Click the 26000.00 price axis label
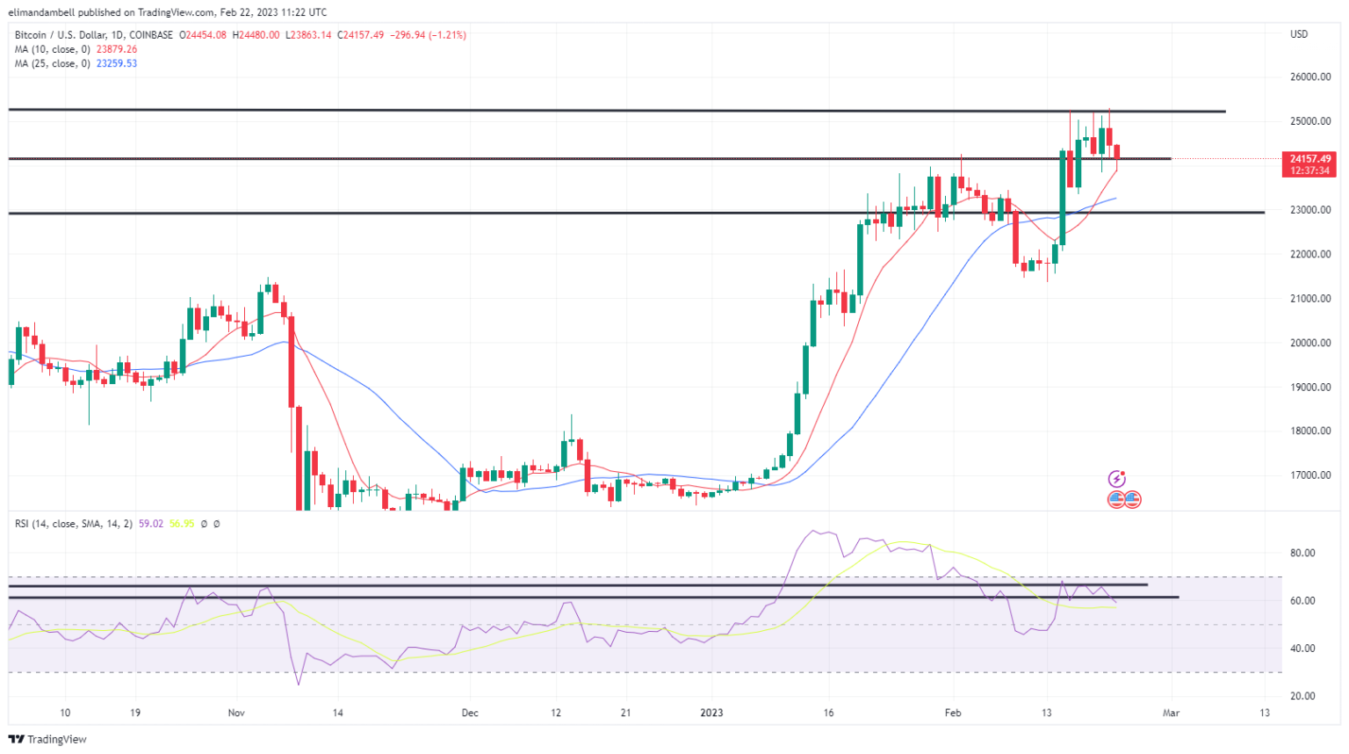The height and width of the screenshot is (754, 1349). click(1309, 77)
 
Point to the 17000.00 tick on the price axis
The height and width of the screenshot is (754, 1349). click(1309, 475)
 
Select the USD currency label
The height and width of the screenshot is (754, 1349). click(1298, 34)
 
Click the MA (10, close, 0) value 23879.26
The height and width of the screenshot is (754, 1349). click(117, 49)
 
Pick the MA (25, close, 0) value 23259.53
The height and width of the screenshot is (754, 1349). click(117, 63)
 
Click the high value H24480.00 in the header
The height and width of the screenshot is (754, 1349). click(256, 35)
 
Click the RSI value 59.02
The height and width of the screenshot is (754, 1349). click(151, 524)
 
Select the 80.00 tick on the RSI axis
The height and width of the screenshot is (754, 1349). click(1302, 554)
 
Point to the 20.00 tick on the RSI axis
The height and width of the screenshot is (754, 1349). click(1302, 696)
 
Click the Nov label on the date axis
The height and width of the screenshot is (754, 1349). click(236, 713)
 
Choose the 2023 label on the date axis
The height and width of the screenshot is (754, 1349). click(711, 713)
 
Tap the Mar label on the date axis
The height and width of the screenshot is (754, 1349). click(1171, 713)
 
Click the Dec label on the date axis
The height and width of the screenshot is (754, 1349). click(470, 713)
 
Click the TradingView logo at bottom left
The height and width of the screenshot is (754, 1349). click(48, 739)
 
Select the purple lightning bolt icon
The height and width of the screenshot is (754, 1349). click(1116, 479)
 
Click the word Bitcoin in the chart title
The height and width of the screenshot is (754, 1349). click(32, 35)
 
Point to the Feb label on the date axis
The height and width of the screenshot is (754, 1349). click(953, 713)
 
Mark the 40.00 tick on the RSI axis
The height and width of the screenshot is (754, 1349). click(1302, 649)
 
